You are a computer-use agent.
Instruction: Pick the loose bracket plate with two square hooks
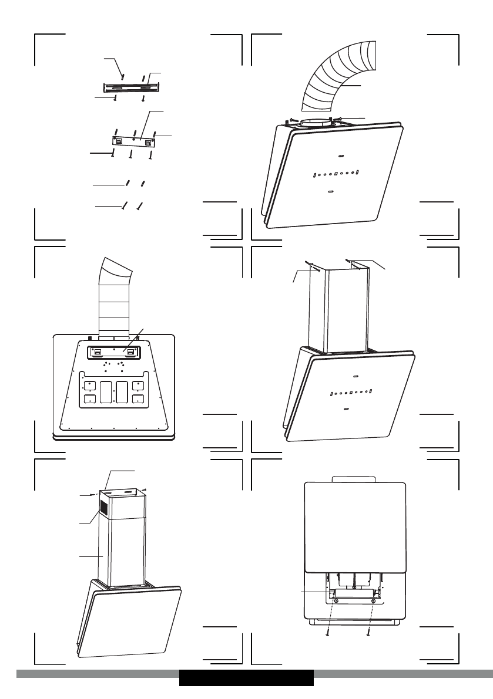click(135, 141)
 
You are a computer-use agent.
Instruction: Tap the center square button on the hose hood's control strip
click(336, 174)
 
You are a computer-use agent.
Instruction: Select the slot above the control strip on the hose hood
click(341, 156)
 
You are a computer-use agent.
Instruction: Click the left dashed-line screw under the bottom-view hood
click(327, 633)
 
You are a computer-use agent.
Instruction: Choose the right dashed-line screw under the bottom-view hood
click(368, 633)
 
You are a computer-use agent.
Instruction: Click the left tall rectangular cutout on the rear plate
click(106, 391)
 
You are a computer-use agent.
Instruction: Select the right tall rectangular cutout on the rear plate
click(122, 391)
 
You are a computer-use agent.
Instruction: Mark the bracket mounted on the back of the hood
click(114, 352)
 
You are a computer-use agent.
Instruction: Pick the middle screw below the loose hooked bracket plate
click(130, 154)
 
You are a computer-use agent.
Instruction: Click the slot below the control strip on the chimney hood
click(346, 408)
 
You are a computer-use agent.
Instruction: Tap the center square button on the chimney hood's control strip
click(350, 392)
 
